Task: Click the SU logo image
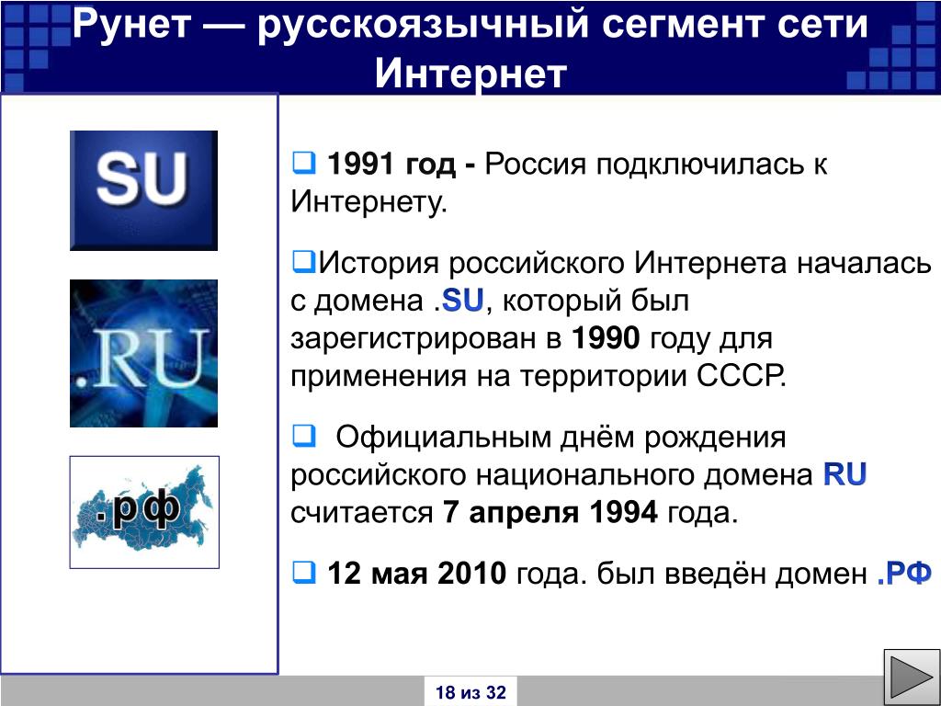point(143,190)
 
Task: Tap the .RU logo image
point(143,354)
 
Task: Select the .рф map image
point(144,512)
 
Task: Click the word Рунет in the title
point(131,25)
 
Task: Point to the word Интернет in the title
point(470,74)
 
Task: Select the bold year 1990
point(606,338)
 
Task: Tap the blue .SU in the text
point(459,301)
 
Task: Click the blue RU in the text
point(845,474)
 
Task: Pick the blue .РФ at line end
point(904,574)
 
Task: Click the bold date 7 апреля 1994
point(550,512)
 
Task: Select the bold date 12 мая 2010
point(417,574)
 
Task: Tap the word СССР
point(742,376)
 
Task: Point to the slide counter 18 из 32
point(470,692)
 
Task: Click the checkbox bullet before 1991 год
point(303,163)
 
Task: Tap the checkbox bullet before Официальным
point(303,436)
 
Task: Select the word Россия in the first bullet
point(535,164)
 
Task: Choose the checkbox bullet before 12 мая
point(303,573)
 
